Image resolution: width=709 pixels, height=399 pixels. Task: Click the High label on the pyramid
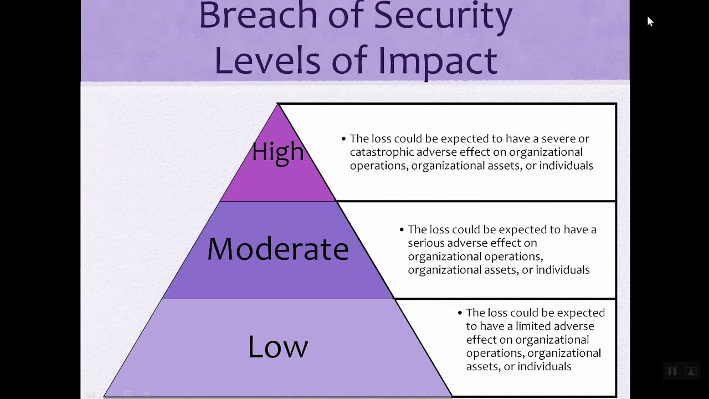[278, 151]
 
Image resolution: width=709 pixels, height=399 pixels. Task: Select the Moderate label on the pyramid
[278, 249]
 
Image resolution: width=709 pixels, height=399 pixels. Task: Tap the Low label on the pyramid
[278, 346]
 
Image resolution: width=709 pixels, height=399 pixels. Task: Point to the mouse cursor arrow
[650, 21]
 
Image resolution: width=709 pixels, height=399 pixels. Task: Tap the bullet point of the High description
[344, 139]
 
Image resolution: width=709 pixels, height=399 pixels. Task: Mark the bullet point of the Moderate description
[402, 229]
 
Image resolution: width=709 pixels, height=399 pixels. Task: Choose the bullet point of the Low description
[460, 313]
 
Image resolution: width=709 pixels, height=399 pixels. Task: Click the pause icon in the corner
[672, 371]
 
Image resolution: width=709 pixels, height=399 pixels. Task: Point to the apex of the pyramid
[278, 104]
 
